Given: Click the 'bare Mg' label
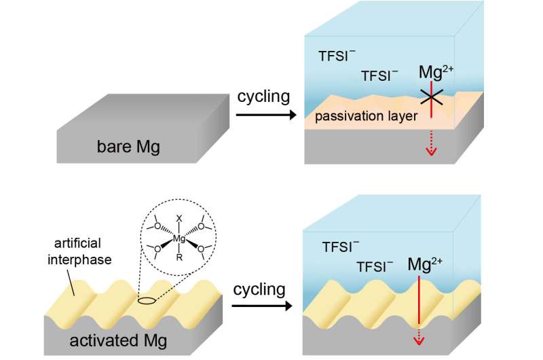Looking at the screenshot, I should (x=128, y=146).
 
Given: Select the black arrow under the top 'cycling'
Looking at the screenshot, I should (x=265, y=115).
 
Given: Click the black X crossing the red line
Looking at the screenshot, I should (x=432, y=98).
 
